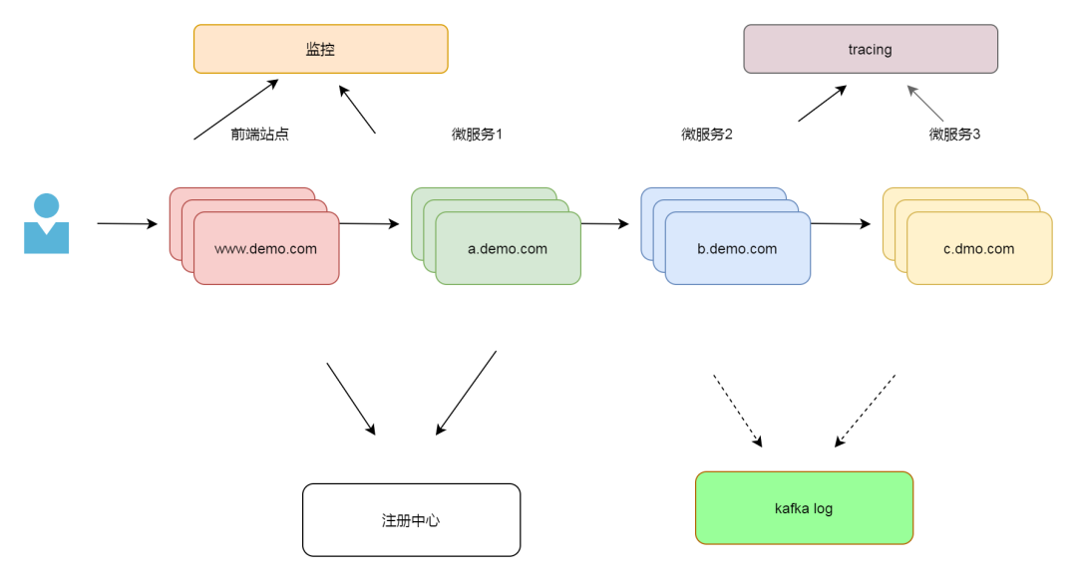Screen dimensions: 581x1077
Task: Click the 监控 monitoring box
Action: click(x=320, y=49)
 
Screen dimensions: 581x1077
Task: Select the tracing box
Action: click(x=870, y=49)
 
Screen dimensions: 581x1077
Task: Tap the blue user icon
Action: click(x=47, y=224)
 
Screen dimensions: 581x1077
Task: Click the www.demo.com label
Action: click(x=265, y=249)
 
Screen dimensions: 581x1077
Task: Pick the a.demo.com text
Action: click(x=507, y=249)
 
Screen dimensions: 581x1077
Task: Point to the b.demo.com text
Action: click(x=737, y=249)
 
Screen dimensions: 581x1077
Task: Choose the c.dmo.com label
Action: click(x=978, y=249)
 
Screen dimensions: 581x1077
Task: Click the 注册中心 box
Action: click(x=411, y=520)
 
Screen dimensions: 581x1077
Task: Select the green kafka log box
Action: click(x=803, y=508)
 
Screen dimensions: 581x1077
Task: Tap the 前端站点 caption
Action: click(x=259, y=135)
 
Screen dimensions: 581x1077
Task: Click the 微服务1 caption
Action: click(x=477, y=135)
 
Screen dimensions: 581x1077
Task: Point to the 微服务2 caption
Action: click(x=707, y=135)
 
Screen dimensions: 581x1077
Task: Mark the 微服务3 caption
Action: click(x=954, y=135)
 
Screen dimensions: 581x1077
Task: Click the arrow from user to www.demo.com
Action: click(x=127, y=224)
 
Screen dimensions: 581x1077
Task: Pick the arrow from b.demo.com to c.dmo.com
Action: click(x=840, y=224)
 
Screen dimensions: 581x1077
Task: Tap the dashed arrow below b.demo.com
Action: click(x=737, y=410)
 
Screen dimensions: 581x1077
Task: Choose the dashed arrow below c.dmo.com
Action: click(x=866, y=410)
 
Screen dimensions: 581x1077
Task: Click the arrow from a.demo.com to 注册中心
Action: click(x=466, y=393)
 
